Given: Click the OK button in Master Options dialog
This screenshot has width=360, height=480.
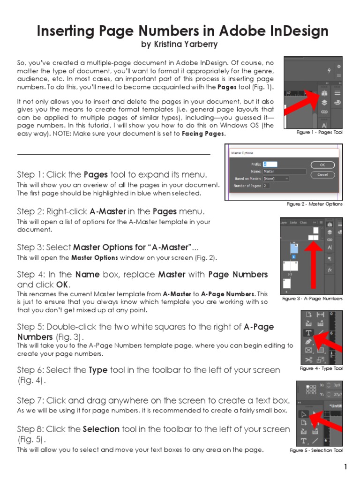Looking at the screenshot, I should click(x=322, y=165).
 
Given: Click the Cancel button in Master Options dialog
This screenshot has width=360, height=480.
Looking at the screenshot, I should click(x=322, y=174).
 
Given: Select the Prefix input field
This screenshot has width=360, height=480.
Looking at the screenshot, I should click(x=270, y=164).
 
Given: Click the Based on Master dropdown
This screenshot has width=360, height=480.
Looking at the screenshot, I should click(x=276, y=179).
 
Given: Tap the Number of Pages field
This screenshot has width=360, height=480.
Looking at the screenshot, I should click(x=266, y=186).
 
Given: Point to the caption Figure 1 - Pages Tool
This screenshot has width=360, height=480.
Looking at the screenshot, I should click(x=319, y=133).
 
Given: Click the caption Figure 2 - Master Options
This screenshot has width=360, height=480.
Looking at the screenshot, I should click(x=315, y=204).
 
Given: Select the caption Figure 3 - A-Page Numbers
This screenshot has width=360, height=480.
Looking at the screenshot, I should click(x=312, y=299).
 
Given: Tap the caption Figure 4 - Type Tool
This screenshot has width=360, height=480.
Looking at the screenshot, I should click(x=321, y=368).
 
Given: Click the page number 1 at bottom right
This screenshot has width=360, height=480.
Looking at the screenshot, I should click(x=345, y=467).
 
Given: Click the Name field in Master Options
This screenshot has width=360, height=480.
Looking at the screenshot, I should click(x=285, y=172).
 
